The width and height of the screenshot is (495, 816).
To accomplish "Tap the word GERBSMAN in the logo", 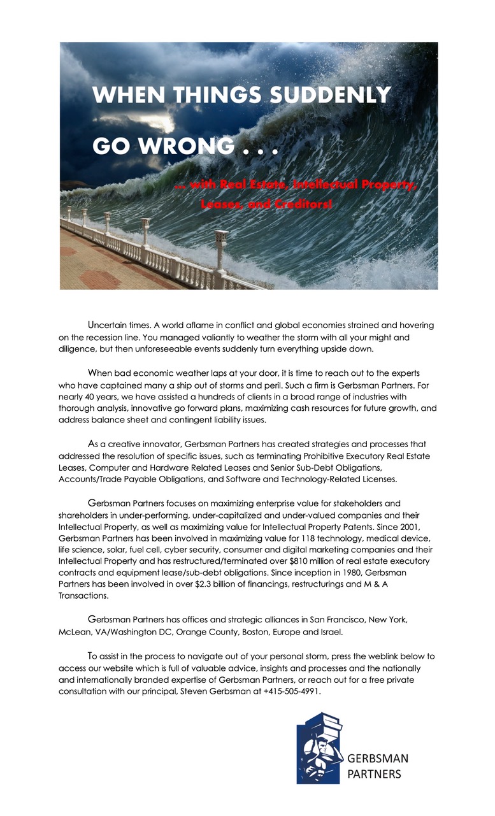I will pyautogui.click(x=377, y=758).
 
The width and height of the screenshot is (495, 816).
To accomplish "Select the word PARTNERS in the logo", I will pyautogui.click(x=374, y=774).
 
